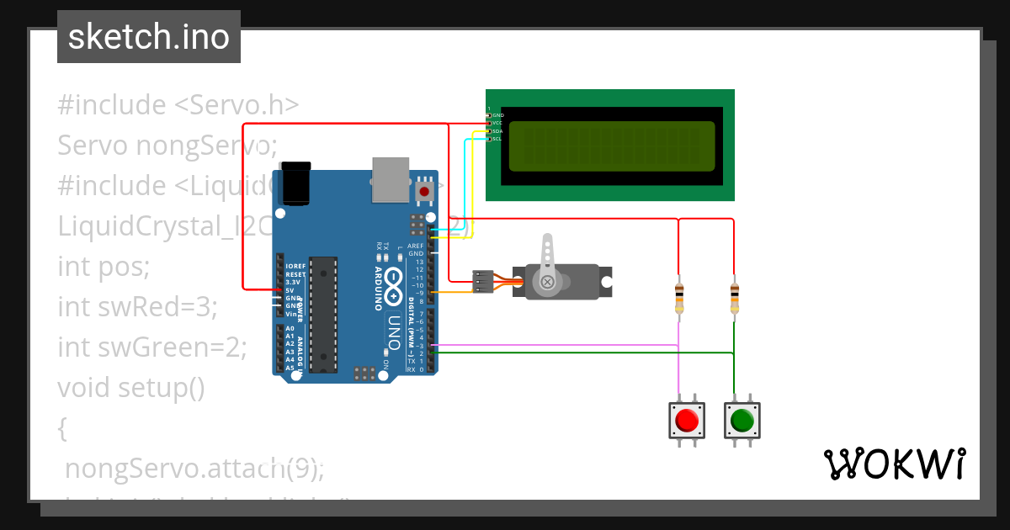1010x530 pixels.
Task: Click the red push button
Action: tap(687, 420)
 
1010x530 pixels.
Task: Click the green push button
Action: tap(742, 420)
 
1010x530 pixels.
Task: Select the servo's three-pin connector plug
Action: tap(483, 281)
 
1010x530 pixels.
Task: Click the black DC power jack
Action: tap(295, 183)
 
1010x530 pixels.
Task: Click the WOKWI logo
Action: tap(895, 464)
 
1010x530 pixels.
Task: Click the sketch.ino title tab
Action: tap(149, 37)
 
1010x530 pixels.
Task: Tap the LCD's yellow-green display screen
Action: tap(612, 144)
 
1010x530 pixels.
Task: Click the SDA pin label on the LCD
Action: tap(497, 131)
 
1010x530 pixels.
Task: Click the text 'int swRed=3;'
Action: tap(137, 307)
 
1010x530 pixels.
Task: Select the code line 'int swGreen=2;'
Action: tap(152, 347)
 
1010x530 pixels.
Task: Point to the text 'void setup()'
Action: tap(131, 388)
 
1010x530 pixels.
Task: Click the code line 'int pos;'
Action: tap(104, 267)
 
